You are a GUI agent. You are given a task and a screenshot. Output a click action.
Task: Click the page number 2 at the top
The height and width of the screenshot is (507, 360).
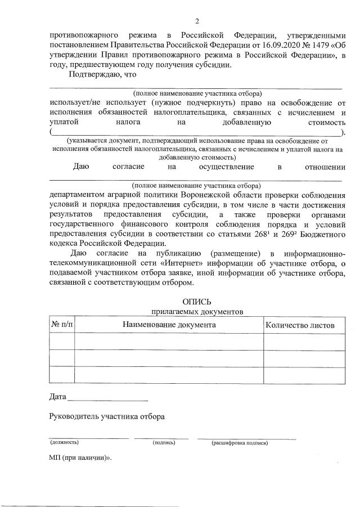197,21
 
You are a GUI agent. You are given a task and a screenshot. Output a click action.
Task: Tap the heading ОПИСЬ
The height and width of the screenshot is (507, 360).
197,302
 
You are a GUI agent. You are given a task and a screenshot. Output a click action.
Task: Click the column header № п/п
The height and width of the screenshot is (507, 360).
62,325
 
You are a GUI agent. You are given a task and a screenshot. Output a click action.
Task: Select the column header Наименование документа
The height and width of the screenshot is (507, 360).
169,325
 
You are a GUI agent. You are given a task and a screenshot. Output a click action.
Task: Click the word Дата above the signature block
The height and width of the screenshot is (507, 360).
58,397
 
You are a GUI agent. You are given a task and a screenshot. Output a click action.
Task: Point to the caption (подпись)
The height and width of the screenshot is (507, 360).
163,443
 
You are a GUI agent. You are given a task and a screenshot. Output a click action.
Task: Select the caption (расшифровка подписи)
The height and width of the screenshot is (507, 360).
240,443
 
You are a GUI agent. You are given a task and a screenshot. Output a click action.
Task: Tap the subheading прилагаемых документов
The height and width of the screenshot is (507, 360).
196,312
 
